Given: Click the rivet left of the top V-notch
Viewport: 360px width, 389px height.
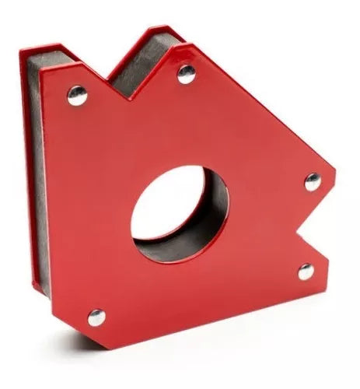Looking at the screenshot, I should point(78,95).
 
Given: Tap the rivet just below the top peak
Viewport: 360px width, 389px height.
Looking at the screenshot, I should point(187,74).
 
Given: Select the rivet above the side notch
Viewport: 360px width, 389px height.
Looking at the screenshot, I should point(313,182).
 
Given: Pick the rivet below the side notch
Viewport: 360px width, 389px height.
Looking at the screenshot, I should point(306,272).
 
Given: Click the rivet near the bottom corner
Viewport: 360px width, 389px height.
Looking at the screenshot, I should point(96,317).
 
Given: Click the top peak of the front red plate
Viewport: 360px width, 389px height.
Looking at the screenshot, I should point(178,46).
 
